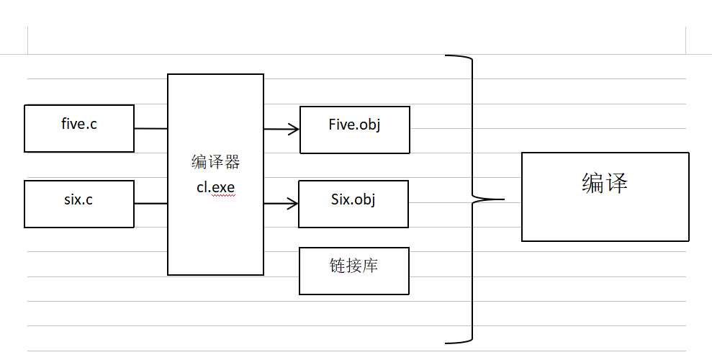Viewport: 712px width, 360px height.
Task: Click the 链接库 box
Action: pos(353,280)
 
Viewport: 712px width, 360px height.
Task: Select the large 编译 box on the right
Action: pos(605,212)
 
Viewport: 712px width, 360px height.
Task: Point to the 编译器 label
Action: pos(215,163)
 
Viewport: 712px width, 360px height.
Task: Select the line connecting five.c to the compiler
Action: pos(150,129)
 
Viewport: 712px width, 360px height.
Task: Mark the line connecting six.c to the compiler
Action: pos(150,204)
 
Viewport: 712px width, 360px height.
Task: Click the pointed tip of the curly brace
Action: pos(502,198)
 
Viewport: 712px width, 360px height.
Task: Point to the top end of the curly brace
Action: pos(447,55)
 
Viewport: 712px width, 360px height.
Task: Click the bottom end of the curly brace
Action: pos(447,342)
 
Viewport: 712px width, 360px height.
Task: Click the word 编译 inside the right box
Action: pos(605,184)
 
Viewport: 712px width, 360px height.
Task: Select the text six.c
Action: pos(78,199)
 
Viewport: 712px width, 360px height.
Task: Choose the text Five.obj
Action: pos(354,125)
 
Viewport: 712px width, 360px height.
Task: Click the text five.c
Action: pos(79,124)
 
